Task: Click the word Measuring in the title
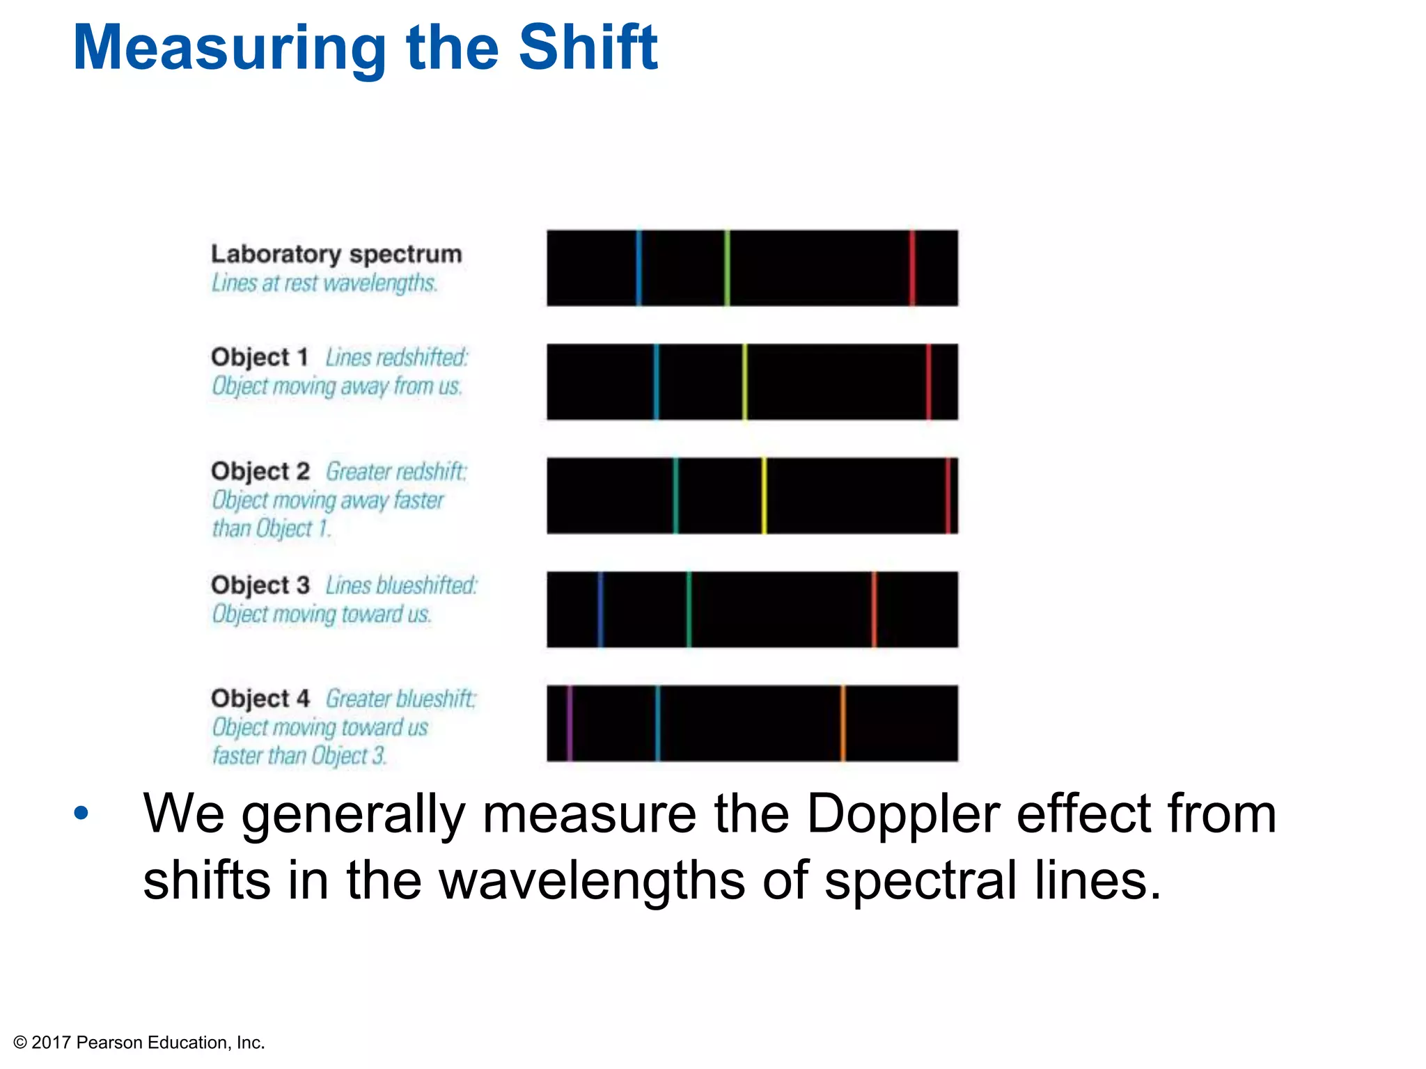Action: click(229, 49)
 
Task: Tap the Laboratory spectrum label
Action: click(336, 254)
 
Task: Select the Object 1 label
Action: click(260, 357)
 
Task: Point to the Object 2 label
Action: click(260, 471)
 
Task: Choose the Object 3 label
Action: click(260, 585)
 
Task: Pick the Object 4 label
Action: click(260, 698)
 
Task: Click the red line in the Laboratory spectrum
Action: click(912, 268)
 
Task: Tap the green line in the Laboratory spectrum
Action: click(727, 268)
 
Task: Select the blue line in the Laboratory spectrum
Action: click(638, 268)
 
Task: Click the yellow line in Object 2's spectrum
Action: click(764, 496)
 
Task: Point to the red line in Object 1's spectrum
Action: click(929, 382)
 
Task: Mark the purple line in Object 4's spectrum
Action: click(570, 723)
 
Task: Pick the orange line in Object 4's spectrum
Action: click(843, 723)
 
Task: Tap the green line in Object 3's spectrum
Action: click(689, 610)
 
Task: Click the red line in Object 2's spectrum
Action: click(948, 496)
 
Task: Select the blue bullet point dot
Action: click(81, 813)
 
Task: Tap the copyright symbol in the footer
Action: click(20, 1043)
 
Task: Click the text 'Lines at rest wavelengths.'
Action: click(324, 283)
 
